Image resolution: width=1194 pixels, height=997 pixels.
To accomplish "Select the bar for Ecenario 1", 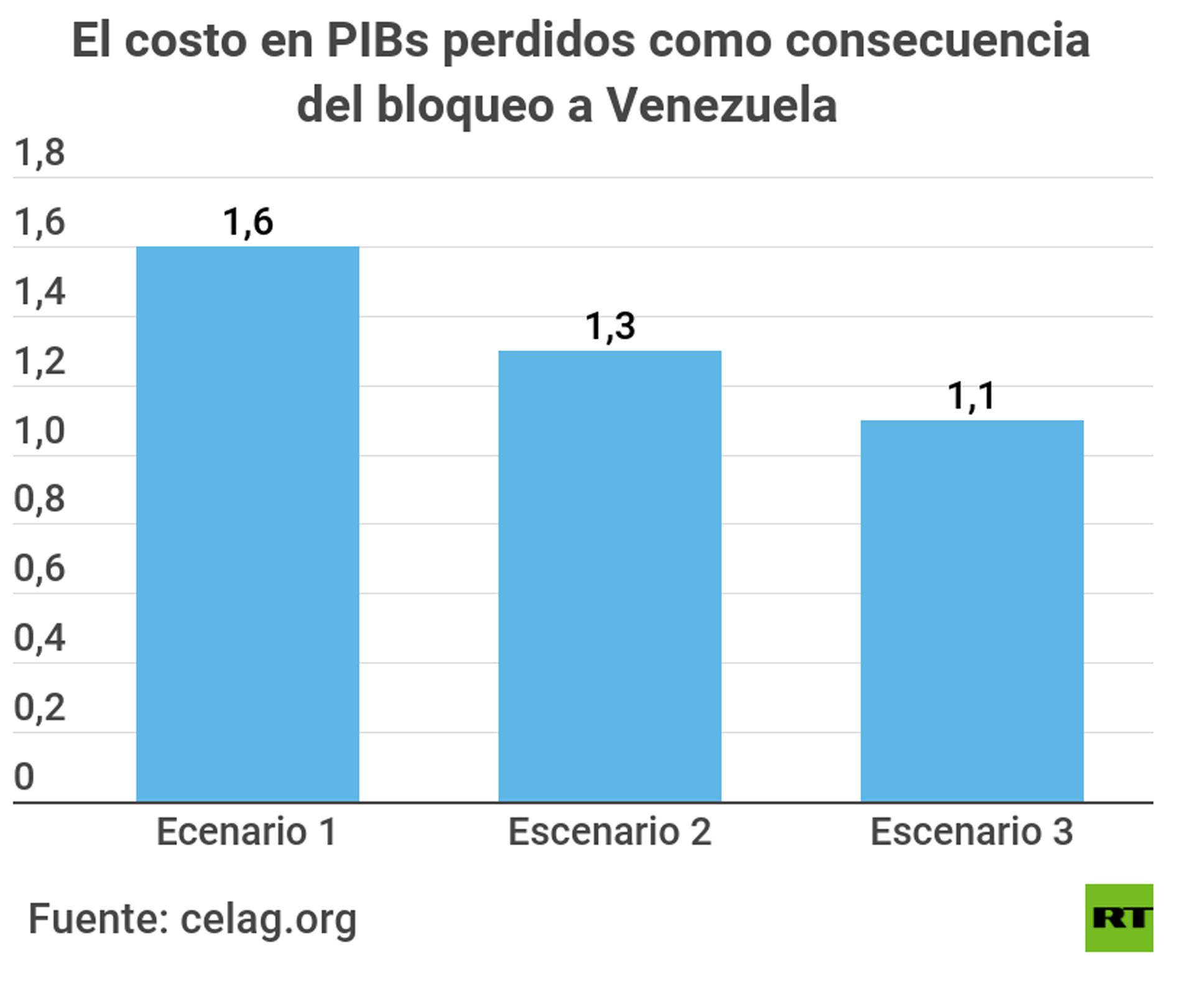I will (x=248, y=524).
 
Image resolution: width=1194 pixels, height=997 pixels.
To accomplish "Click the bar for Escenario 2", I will (x=609, y=576).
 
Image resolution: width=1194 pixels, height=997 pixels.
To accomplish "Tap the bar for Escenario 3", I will (x=971, y=611).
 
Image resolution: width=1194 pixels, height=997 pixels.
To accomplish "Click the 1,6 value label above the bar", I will (x=248, y=222).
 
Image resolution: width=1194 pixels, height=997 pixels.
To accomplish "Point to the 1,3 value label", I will (x=609, y=326).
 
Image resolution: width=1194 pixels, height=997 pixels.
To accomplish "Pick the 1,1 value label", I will (x=971, y=396).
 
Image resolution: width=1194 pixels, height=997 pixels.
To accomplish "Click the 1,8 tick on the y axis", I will (x=39, y=152).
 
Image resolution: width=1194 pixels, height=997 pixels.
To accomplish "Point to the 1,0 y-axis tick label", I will (x=39, y=430).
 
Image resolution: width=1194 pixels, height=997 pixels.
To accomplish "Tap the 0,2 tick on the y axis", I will (x=39, y=707).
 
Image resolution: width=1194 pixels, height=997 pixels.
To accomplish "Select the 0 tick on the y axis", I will (x=24, y=777).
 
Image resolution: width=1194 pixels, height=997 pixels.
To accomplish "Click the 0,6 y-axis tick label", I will (x=39, y=568).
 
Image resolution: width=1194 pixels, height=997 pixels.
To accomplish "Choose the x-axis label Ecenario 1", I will (x=246, y=832).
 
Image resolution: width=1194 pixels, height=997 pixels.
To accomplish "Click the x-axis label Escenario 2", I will (x=609, y=832).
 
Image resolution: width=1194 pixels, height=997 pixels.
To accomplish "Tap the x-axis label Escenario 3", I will (x=971, y=832).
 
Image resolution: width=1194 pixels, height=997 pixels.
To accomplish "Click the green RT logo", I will (x=1119, y=918).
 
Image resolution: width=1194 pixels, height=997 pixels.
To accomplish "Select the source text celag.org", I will (x=268, y=919).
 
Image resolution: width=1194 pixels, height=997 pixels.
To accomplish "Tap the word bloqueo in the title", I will (x=465, y=106).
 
